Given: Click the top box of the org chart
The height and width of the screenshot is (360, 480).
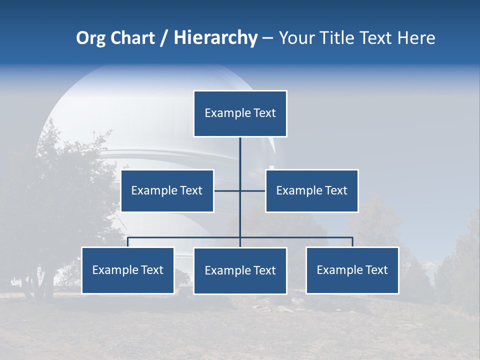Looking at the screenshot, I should [x=240, y=113].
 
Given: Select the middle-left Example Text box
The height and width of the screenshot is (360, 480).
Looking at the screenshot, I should [x=167, y=190].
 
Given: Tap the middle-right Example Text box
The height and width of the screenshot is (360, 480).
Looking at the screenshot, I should [x=311, y=190].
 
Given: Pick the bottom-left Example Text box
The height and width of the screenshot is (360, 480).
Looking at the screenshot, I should [x=127, y=270].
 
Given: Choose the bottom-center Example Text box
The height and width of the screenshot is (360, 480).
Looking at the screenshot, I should [x=240, y=270].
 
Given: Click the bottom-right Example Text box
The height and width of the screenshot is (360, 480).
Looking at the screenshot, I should [x=352, y=270].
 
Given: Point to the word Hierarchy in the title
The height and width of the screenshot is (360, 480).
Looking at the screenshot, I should [x=215, y=38].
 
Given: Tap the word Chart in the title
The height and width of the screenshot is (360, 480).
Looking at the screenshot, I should [x=132, y=38].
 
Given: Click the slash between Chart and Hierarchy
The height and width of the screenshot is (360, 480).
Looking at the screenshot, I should [x=164, y=38].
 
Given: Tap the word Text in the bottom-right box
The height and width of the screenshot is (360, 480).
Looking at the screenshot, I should [x=376, y=270].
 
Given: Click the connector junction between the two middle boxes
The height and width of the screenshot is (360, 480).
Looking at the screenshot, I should [x=240, y=190].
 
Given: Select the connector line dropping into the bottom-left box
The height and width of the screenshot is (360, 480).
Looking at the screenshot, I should [x=127, y=242].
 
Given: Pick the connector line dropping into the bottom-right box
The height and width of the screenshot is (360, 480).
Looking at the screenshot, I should [x=352, y=242].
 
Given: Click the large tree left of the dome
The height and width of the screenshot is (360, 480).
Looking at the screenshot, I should [x=55, y=200].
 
